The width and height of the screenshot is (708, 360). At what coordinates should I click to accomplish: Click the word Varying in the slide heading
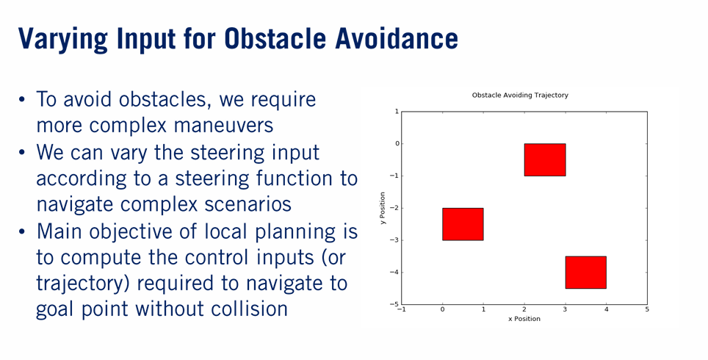[x=62, y=40]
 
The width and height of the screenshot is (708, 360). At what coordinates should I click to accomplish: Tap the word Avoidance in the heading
[x=397, y=38]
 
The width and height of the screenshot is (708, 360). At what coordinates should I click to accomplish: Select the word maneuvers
[x=223, y=126]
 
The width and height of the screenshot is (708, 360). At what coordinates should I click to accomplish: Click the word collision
[x=249, y=309]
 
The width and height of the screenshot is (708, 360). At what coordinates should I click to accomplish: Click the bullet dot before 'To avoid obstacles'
[x=22, y=100]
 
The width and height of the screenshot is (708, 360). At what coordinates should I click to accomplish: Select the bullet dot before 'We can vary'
[x=22, y=153]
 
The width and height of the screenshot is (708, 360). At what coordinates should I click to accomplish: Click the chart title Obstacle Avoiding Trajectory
[x=520, y=96]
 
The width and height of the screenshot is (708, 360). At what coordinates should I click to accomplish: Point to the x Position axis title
[x=524, y=319]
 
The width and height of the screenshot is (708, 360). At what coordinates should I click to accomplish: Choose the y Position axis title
[x=383, y=208]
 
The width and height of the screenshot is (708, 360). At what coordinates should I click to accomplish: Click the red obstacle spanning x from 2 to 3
[x=545, y=160]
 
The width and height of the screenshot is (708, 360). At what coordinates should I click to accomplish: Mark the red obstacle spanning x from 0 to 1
[x=463, y=224]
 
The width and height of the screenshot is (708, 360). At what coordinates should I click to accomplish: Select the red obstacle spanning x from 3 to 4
[x=585, y=273]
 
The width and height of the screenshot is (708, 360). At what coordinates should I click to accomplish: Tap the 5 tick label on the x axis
[x=647, y=309]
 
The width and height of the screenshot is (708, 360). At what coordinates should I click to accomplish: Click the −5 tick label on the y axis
[x=394, y=304]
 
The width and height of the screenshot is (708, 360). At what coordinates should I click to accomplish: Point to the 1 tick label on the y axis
[x=397, y=112]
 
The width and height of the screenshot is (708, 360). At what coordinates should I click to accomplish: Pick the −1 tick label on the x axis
[x=401, y=309]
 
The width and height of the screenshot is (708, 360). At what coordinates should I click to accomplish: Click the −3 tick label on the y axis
[x=394, y=240]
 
